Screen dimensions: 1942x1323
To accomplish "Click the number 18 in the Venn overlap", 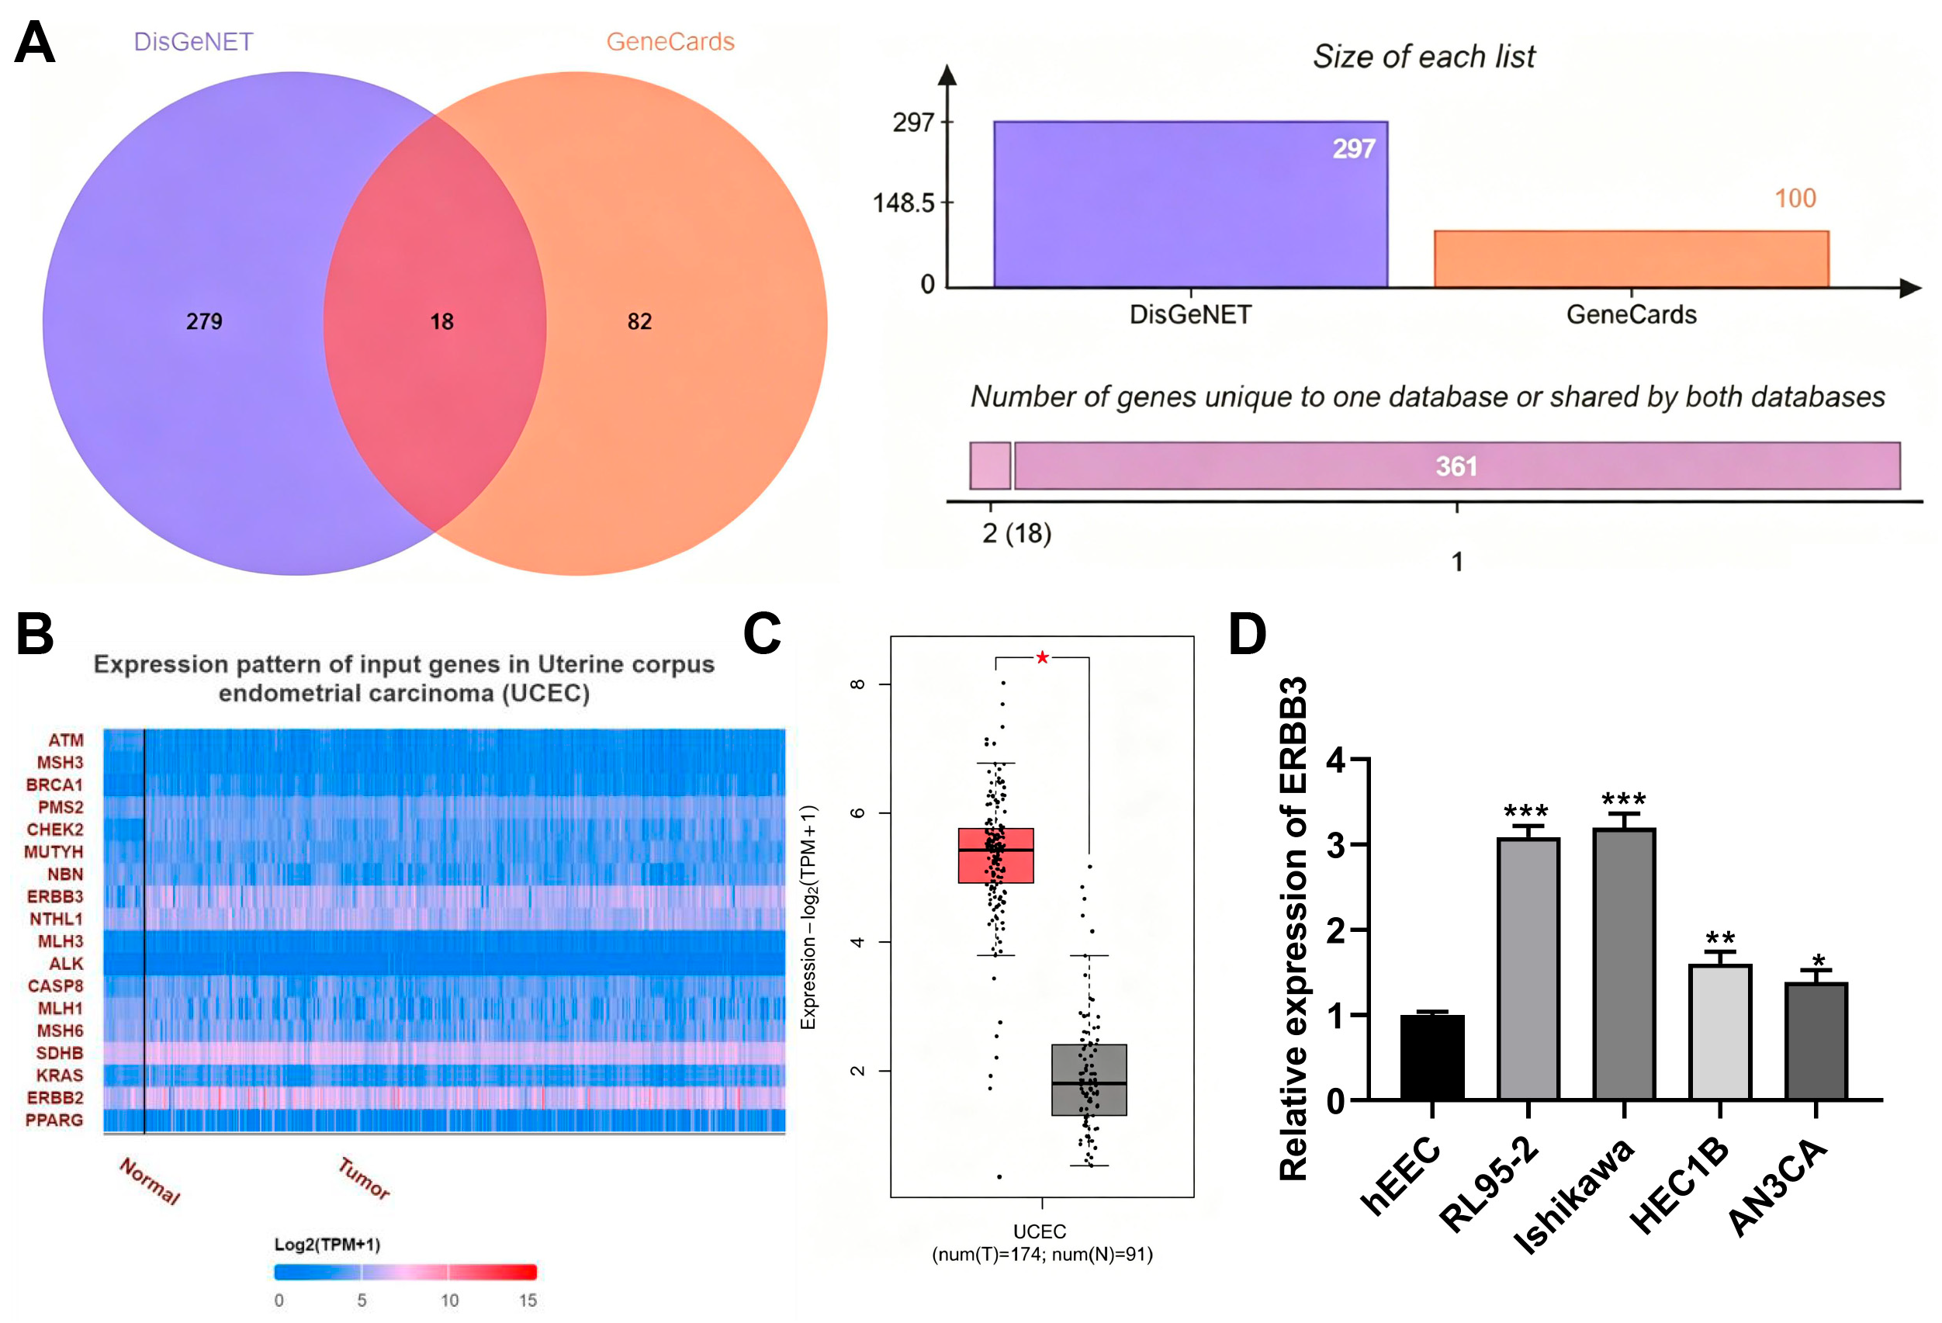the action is click(x=441, y=322).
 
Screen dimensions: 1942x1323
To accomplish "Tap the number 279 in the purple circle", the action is click(x=204, y=322).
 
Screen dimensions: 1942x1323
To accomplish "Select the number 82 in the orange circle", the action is click(x=639, y=322).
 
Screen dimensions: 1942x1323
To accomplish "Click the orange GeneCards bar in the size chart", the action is click(x=1631, y=259).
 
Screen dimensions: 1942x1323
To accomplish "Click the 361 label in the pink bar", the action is click(x=1456, y=466).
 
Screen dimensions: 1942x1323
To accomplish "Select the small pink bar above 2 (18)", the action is click(x=990, y=466).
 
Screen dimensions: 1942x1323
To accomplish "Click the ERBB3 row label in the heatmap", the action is click(x=55, y=897).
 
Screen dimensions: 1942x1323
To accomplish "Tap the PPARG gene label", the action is click(x=54, y=1120).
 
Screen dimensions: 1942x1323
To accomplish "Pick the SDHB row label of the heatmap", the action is click(x=59, y=1053).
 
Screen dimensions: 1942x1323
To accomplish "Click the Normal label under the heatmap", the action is click(x=150, y=1181).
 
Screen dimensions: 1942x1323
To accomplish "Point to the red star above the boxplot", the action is click(x=1042, y=658).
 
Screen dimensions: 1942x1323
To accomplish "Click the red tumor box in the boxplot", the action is click(x=996, y=856).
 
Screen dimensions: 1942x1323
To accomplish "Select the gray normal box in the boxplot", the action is click(x=1089, y=1080).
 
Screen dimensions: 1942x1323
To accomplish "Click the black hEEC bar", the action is click(x=1432, y=1057).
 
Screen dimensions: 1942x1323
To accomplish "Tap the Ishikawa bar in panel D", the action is click(x=1625, y=964).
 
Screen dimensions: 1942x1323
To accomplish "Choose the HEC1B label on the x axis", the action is click(x=1679, y=1186).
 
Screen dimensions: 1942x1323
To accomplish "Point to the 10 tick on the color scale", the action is click(x=449, y=1300).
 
